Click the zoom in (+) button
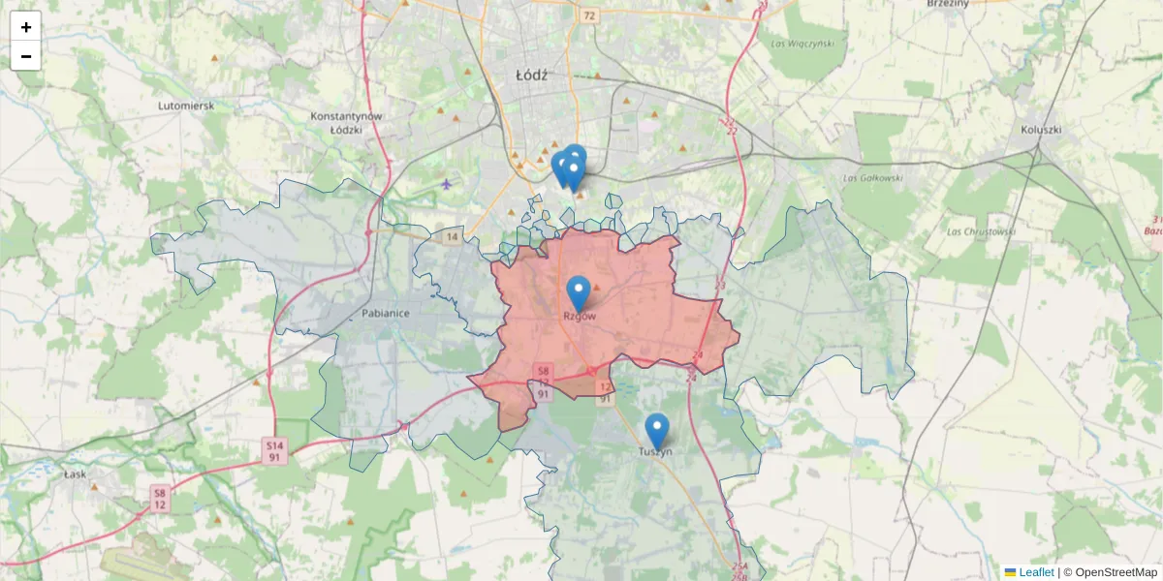(x=26, y=27)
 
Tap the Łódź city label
(x=532, y=74)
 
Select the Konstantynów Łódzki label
(x=347, y=122)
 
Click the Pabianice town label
(x=386, y=313)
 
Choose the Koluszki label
(x=1042, y=129)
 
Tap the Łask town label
(x=75, y=474)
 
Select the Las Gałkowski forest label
(x=872, y=177)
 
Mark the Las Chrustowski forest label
(x=983, y=231)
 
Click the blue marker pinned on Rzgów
(x=579, y=291)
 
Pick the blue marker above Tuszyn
(x=657, y=430)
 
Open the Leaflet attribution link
(x=1036, y=572)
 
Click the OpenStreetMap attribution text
(x=1116, y=572)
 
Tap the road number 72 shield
(x=589, y=16)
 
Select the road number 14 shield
(x=452, y=236)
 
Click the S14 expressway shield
(x=276, y=444)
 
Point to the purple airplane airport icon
(x=446, y=183)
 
